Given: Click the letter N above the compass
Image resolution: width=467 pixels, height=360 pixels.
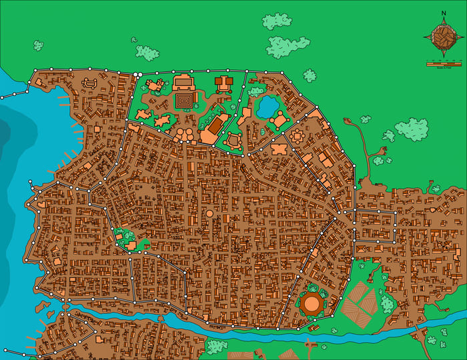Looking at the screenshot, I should point(444,13).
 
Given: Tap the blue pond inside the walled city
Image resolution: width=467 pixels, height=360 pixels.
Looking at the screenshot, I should point(268,106).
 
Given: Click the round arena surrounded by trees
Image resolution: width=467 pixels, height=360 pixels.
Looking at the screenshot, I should point(312,304).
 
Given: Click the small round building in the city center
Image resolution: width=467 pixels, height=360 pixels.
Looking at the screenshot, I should point(209,213).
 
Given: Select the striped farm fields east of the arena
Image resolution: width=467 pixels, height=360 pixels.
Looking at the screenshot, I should point(359,305).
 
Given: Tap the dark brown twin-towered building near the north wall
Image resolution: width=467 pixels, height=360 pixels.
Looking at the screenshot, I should point(223,83).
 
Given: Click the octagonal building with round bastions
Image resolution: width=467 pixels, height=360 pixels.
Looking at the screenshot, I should point(296,136).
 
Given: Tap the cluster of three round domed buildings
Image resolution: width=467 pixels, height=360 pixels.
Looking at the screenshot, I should point(185,135).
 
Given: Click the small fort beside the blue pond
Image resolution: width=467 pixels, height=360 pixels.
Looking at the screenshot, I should point(280,120).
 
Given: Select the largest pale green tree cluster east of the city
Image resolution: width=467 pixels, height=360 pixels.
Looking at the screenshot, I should point(411,129).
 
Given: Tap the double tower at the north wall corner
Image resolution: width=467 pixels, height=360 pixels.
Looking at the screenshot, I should point(137,75).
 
